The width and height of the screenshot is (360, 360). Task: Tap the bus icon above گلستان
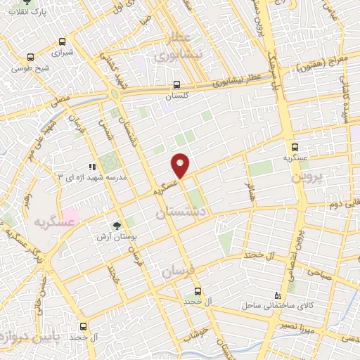point(177,85)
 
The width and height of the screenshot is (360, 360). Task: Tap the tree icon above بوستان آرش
point(116,226)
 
